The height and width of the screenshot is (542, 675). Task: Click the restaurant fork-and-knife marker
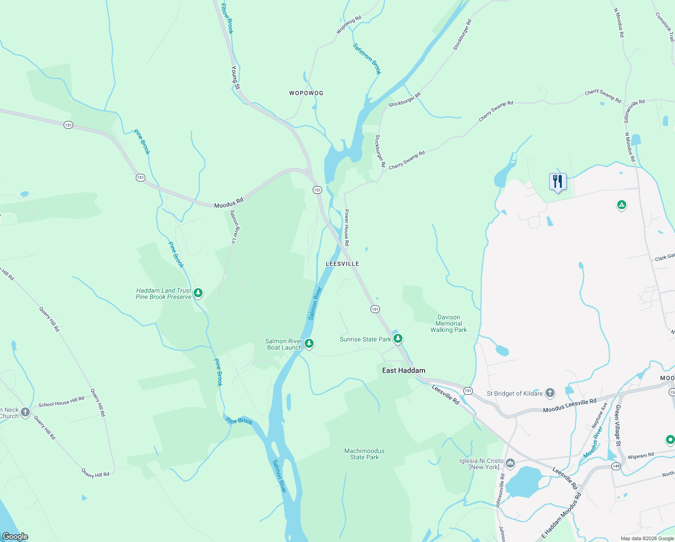click(x=558, y=182)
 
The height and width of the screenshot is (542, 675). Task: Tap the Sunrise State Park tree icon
click(x=398, y=338)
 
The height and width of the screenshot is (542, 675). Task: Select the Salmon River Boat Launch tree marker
click(x=309, y=344)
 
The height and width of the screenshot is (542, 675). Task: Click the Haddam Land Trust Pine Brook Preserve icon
click(x=198, y=293)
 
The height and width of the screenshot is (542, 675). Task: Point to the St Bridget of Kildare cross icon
click(x=550, y=392)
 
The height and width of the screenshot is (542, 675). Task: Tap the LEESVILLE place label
click(x=342, y=264)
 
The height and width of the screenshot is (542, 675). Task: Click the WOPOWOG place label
click(x=306, y=93)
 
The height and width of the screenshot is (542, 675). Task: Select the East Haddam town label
click(x=403, y=370)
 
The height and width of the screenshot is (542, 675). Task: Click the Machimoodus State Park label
click(x=365, y=454)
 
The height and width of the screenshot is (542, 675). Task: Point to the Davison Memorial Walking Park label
click(x=448, y=323)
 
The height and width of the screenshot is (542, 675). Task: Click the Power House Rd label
click(x=347, y=227)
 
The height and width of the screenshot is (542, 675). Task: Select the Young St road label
click(x=235, y=78)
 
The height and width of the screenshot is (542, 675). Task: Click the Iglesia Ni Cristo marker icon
click(x=510, y=463)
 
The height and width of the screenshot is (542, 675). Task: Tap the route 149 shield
click(x=616, y=466)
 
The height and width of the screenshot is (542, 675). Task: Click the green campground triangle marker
click(x=621, y=205)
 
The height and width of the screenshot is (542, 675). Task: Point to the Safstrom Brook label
click(x=367, y=59)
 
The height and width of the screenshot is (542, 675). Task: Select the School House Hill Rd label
click(x=61, y=402)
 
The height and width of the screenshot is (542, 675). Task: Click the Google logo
click(x=15, y=537)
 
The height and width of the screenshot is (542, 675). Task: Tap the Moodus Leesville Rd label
click(x=569, y=406)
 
